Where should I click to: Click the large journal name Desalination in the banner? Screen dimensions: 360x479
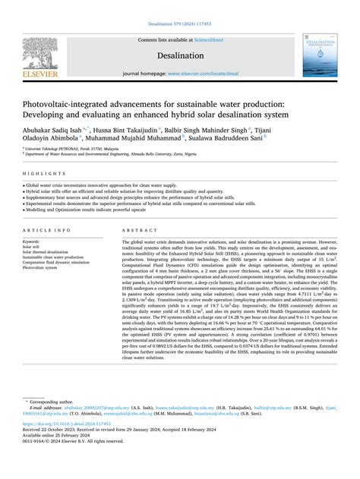coord(180,55)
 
